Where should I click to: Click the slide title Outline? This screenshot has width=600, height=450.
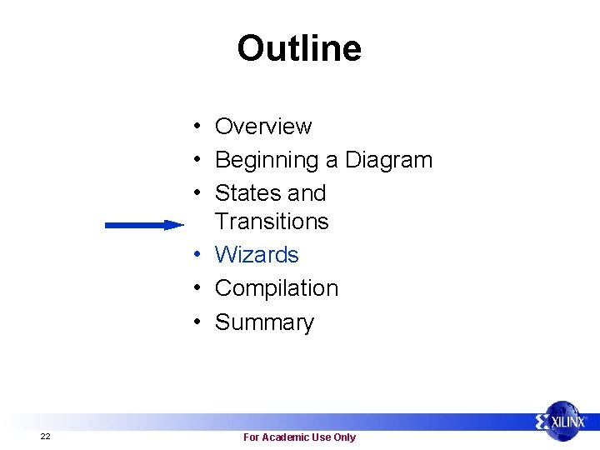(299, 48)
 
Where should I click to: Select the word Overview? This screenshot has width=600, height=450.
(263, 127)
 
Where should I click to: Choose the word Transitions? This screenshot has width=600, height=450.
(272, 222)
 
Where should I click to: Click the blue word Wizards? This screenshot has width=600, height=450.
(257, 255)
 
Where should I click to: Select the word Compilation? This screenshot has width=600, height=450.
(277, 288)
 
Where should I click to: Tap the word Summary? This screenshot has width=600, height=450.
(264, 322)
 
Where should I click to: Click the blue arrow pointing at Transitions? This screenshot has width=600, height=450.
(143, 224)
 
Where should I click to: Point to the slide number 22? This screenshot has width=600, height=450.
(45, 437)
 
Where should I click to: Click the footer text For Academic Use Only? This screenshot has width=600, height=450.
(299, 437)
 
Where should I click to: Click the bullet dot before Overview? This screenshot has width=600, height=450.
(192, 127)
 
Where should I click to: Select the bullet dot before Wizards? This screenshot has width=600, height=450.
(192, 255)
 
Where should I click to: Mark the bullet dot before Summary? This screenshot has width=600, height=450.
(192, 322)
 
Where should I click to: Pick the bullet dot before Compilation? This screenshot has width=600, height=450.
(192, 288)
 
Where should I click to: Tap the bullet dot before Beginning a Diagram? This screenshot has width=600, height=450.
(192, 160)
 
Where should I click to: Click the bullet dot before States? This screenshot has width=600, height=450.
(192, 193)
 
